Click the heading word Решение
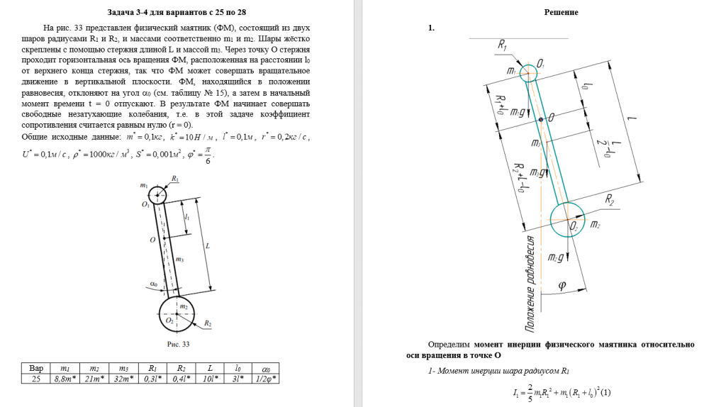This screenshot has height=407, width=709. click(x=561, y=12)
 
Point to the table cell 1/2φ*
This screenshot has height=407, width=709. click(x=265, y=379)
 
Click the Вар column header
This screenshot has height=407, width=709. click(x=36, y=369)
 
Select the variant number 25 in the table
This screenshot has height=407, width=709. click(x=36, y=379)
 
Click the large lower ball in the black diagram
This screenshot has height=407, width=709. click(x=177, y=313)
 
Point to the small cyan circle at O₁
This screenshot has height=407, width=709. click(x=528, y=72)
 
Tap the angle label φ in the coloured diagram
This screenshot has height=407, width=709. click(x=562, y=286)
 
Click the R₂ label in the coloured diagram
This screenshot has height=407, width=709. click(x=610, y=201)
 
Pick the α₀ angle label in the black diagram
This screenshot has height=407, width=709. click(x=153, y=284)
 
